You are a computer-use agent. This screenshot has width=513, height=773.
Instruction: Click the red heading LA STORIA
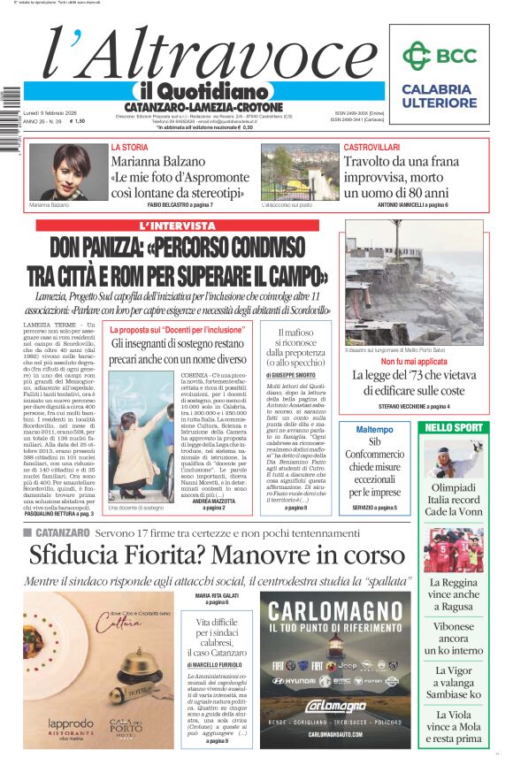129,147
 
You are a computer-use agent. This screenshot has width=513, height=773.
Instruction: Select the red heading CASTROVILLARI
371,147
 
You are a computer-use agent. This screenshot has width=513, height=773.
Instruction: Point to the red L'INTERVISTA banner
178,226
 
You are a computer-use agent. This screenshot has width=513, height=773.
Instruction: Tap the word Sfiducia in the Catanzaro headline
73,555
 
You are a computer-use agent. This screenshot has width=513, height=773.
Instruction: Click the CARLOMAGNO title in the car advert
335,611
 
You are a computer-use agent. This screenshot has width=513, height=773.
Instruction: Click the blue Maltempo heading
374,429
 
